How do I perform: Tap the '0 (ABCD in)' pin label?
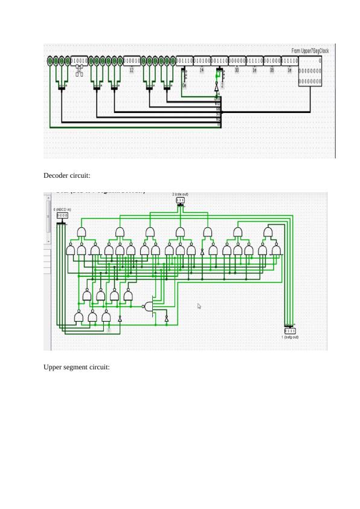62,209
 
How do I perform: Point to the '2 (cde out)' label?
181,194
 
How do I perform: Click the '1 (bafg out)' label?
290,337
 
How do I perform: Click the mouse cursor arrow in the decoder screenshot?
199,306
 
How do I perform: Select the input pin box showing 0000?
62,215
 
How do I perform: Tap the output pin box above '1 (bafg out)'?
290,331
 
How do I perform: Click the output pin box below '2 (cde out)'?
181,200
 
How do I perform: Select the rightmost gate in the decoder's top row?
268,232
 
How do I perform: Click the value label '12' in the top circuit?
132,70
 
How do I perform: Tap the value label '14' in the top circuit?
201,70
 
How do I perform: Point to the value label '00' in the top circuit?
237,70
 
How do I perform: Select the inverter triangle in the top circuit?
217,88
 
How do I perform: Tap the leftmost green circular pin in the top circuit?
50,61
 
